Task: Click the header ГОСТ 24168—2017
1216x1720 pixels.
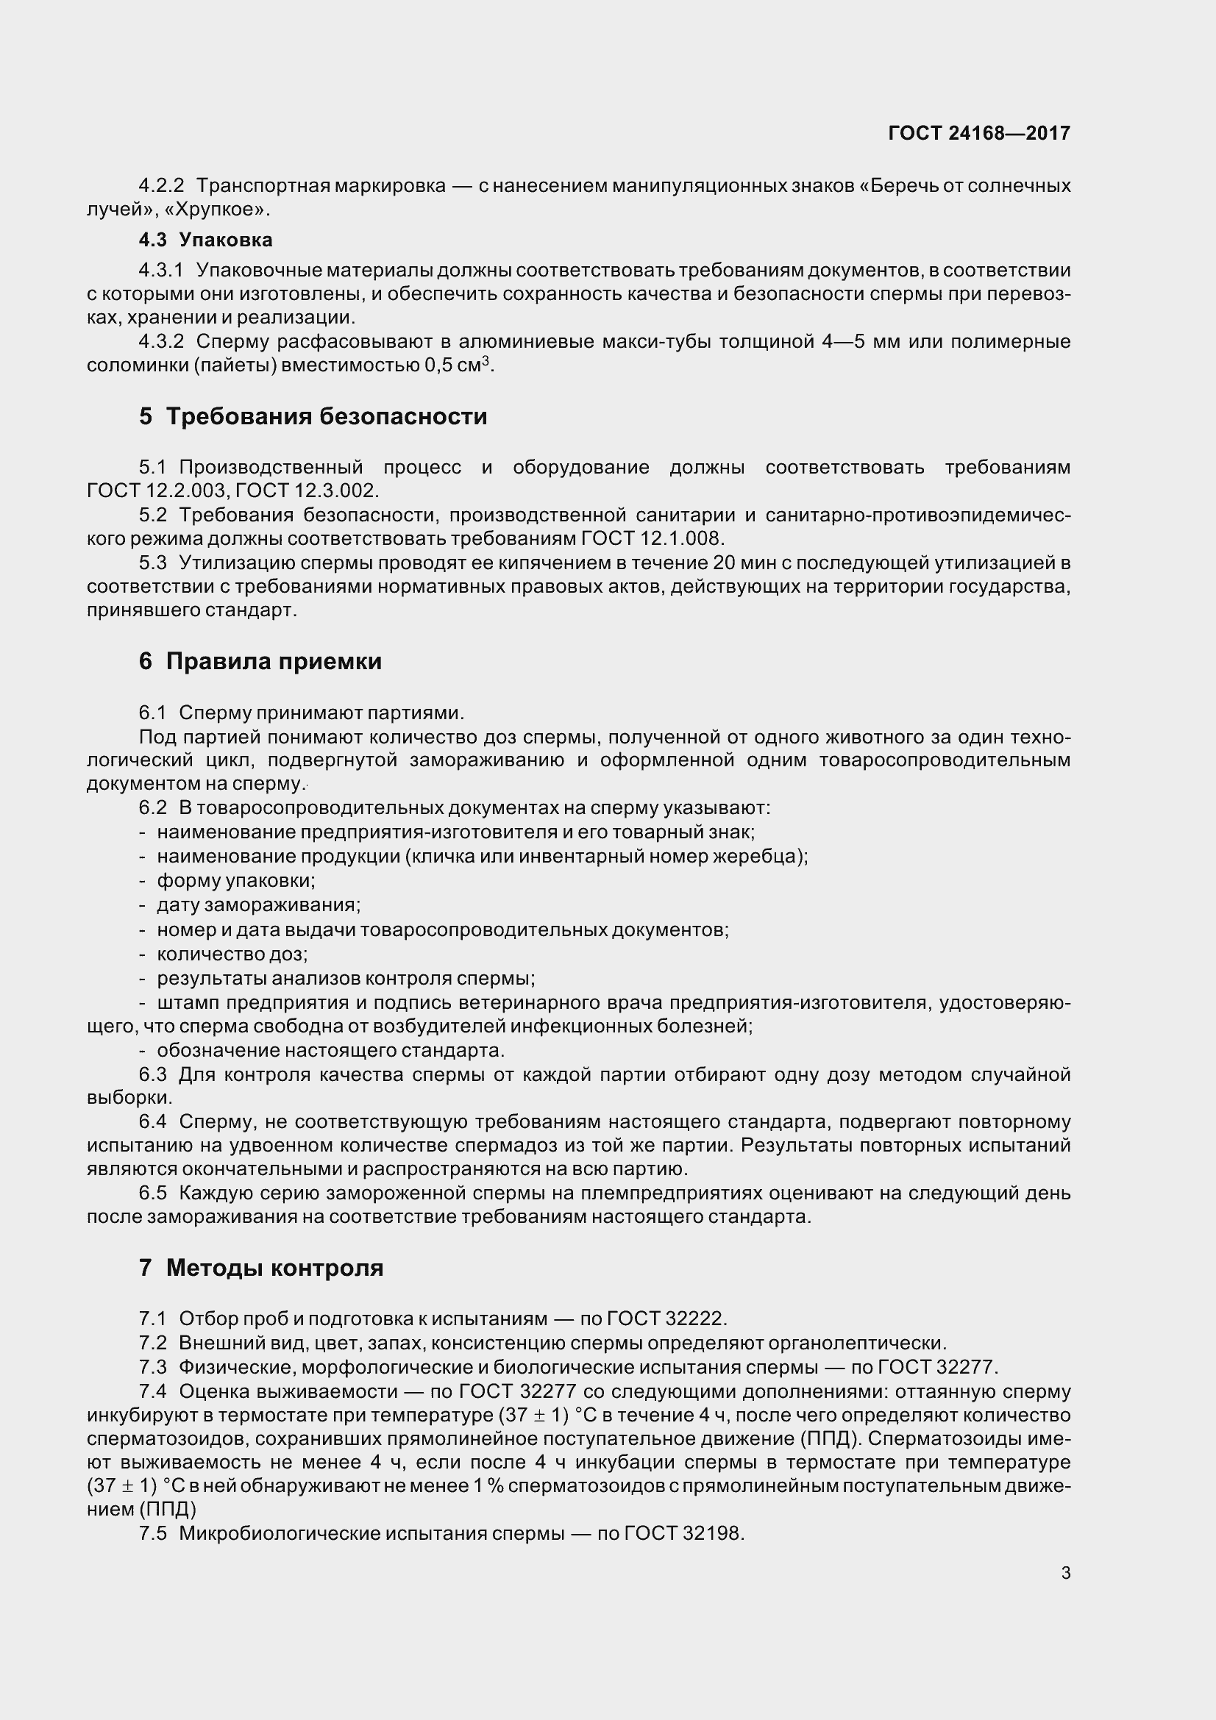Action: tap(978, 133)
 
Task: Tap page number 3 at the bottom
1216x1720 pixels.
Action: tap(1065, 1573)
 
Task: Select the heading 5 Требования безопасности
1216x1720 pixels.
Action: tap(313, 416)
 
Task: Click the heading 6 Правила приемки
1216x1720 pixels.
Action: tap(260, 662)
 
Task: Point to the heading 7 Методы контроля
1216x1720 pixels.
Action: tap(260, 1268)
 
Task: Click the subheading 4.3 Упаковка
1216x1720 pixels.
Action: tap(205, 240)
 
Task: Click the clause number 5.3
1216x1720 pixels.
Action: tap(153, 563)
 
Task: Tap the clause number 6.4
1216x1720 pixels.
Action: tap(153, 1122)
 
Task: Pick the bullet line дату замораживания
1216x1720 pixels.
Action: tap(257, 905)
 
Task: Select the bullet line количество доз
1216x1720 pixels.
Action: tap(232, 954)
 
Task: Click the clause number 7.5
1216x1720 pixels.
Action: tap(153, 1533)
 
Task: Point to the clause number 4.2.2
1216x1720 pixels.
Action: tap(161, 185)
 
